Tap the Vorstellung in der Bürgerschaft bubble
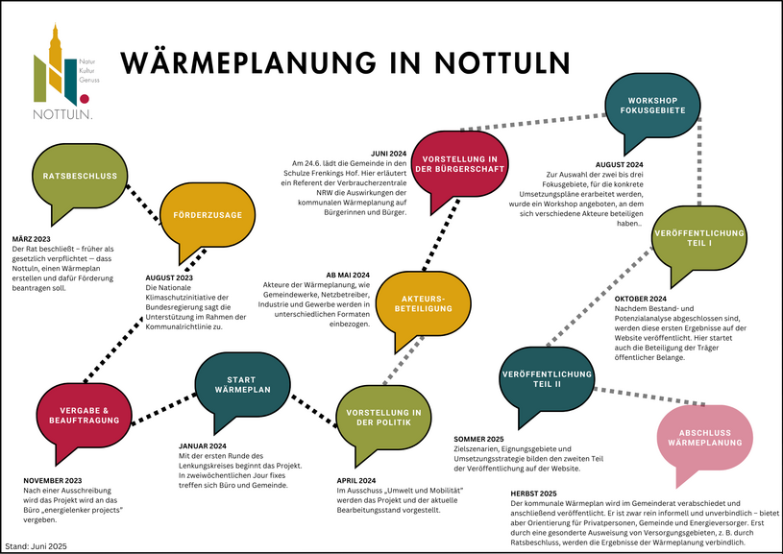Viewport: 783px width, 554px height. click(x=460, y=164)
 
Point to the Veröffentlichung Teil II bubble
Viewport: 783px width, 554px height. click(x=547, y=379)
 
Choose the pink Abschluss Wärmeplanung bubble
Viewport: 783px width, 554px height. click(x=704, y=438)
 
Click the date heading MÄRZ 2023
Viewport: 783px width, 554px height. click(x=31, y=239)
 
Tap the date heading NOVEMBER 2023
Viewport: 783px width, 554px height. click(x=53, y=481)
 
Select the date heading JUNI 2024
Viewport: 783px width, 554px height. click(x=388, y=154)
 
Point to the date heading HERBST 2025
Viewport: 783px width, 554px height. click(x=533, y=494)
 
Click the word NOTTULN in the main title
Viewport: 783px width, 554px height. click(x=502, y=62)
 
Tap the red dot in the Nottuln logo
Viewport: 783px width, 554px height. click(x=85, y=99)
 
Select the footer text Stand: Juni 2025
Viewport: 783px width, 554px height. click(x=36, y=546)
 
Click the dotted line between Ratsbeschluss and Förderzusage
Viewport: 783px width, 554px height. click(x=143, y=203)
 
